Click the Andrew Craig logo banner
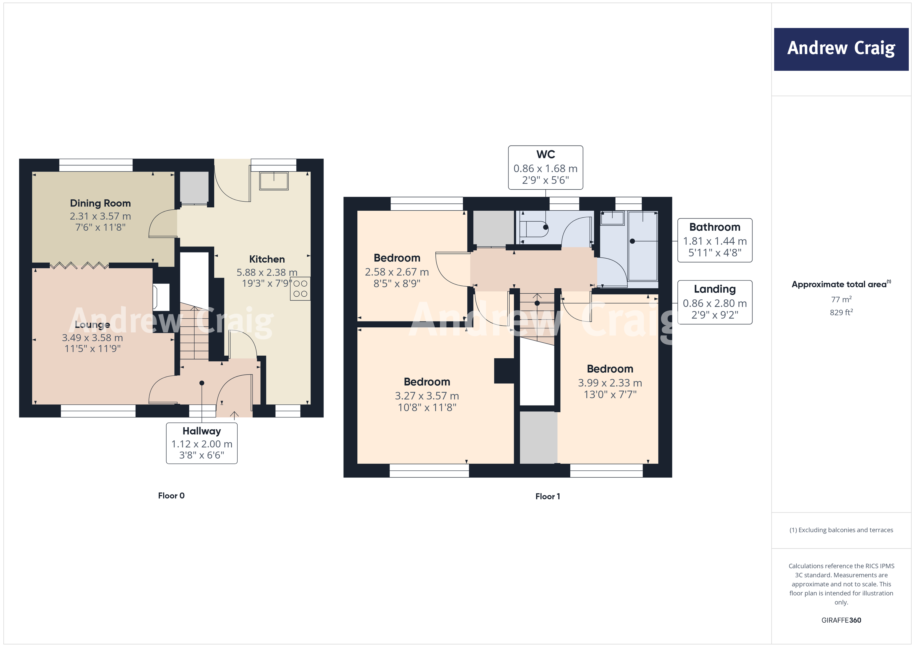(x=841, y=49)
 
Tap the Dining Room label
(x=100, y=203)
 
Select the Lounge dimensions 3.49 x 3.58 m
(x=92, y=337)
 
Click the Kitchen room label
(x=267, y=259)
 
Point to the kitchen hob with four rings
(x=300, y=289)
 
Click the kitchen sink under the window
(x=274, y=181)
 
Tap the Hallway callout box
(x=202, y=443)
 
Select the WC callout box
(x=545, y=167)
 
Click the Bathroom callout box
(x=715, y=240)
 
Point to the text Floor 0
(x=171, y=496)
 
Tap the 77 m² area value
(x=841, y=299)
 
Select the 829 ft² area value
(x=841, y=312)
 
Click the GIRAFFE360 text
(x=841, y=620)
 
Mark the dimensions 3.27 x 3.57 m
(x=427, y=396)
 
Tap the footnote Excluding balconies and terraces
(x=841, y=530)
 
